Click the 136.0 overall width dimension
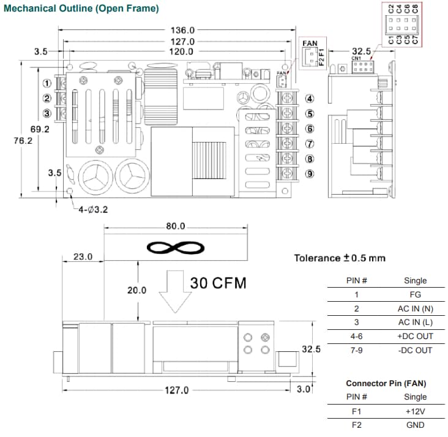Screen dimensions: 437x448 coord(182,30)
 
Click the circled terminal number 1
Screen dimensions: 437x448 coord(47,83)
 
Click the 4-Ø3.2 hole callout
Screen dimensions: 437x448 coord(93,209)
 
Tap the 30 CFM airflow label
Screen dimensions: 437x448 coord(218,283)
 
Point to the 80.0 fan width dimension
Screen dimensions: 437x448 coord(175,226)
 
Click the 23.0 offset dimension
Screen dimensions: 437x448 coord(83,257)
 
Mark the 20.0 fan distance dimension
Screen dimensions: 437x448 coord(136,291)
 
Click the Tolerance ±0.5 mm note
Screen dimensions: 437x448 coord(340,258)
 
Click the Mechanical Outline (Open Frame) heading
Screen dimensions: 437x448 coord(81,9)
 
